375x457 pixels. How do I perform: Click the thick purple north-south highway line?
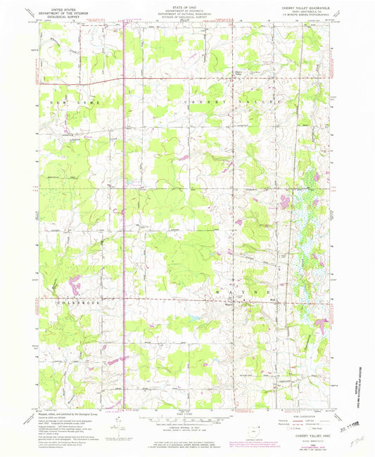coord(125,211)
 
